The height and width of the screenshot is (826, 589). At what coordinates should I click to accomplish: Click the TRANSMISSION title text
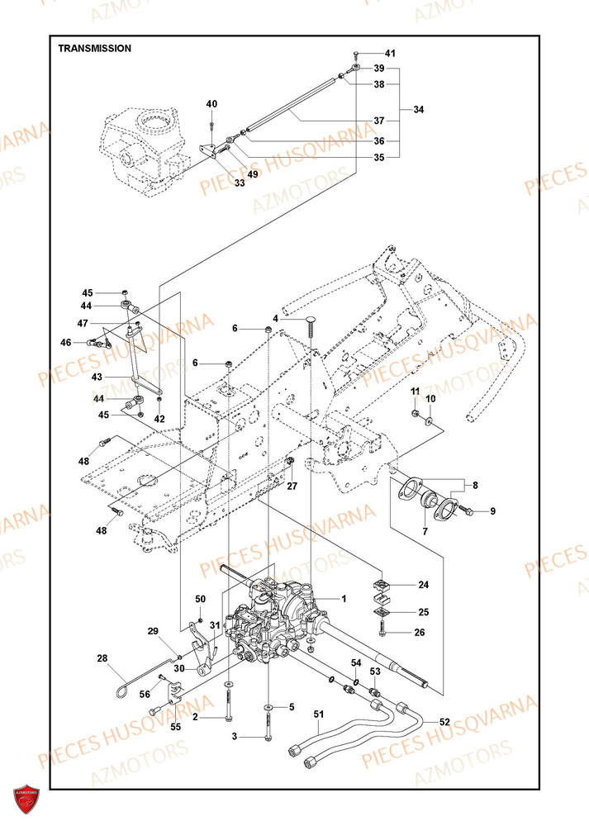click(94, 49)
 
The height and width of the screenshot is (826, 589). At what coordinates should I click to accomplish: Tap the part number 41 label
click(390, 54)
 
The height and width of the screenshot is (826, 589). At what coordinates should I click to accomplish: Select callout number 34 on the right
click(419, 109)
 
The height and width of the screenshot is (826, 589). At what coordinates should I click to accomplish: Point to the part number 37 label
click(378, 121)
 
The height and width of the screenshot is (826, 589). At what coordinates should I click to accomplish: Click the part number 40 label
click(211, 104)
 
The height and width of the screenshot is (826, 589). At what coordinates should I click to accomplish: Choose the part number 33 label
click(239, 183)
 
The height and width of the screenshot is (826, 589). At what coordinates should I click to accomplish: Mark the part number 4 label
click(276, 318)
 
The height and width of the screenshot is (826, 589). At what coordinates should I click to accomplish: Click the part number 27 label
click(292, 487)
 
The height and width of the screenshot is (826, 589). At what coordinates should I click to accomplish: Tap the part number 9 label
click(492, 512)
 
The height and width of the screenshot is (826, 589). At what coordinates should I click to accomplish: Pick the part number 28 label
click(102, 658)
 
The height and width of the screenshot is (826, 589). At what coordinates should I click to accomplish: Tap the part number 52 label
click(444, 722)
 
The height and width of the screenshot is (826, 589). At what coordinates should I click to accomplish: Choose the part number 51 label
click(319, 715)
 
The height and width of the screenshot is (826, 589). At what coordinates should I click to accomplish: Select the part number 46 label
click(88, 342)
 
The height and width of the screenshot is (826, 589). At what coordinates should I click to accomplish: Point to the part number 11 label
click(416, 390)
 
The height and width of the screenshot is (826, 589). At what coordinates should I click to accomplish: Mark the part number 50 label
click(201, 599)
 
